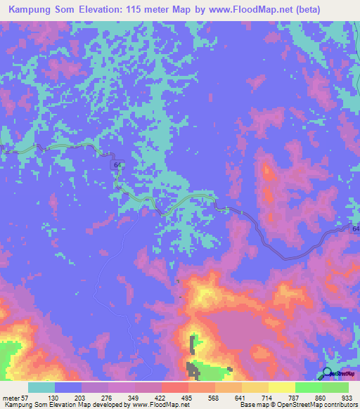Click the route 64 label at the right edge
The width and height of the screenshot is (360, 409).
coord(355,229)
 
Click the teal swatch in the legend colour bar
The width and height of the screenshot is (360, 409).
coord(41,387)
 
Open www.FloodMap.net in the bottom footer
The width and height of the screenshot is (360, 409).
coord(160,405)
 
